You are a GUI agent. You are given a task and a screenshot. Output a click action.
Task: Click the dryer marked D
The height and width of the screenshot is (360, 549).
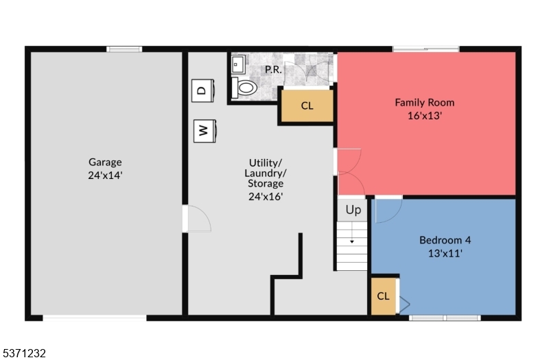[201, 90]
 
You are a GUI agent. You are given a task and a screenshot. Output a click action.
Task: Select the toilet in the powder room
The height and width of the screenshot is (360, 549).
[245, 88]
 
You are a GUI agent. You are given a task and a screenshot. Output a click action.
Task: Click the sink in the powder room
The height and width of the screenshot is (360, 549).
[240, 65]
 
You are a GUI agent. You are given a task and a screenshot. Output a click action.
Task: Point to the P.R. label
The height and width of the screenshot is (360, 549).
[274, 69]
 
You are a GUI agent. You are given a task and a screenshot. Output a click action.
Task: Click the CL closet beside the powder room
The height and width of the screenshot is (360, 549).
[307, 106]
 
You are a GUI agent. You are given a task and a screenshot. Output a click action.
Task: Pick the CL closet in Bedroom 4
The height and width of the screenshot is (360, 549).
[384, 296]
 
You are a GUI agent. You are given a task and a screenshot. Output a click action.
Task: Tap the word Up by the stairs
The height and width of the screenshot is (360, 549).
[353, 210]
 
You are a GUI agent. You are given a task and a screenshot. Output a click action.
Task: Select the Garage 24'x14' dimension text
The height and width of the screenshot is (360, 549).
[105, 175]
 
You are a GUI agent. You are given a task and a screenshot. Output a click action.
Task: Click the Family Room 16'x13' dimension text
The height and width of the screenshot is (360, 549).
[424, 115]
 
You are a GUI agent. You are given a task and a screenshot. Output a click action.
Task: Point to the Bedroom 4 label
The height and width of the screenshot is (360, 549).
[445, 240]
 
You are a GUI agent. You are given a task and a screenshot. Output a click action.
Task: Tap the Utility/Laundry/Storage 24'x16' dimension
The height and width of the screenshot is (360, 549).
[266, 197]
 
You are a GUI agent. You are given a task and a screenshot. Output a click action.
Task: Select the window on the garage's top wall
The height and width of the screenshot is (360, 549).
[124, 49]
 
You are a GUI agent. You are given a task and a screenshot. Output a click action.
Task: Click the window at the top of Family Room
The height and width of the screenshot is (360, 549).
[425, 49]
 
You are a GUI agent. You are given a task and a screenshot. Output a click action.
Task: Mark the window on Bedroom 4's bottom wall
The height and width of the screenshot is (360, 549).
[445, 317]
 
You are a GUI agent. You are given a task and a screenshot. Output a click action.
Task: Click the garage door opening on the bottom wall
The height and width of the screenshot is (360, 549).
[95, 317]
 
